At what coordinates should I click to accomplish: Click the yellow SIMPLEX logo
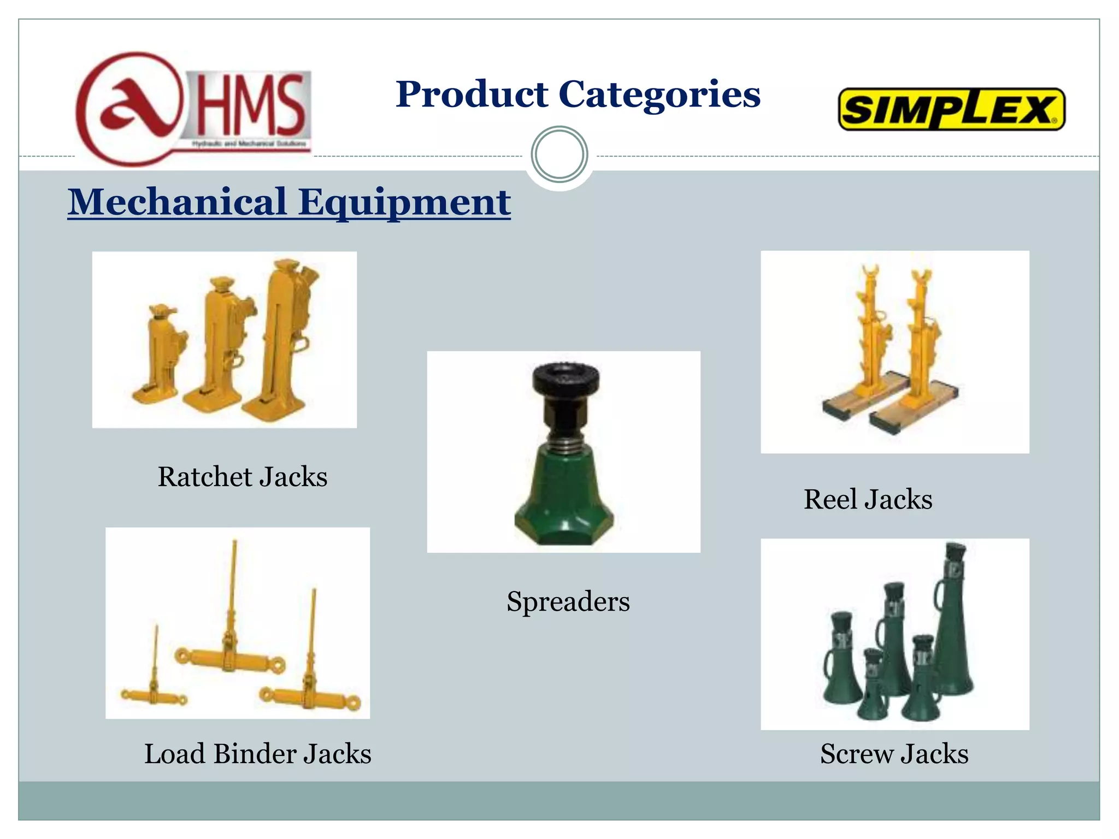(x=951, y=109)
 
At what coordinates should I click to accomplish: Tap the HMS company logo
(x=194, y=109)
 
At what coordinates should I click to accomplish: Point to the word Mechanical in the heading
(x=178, y=202)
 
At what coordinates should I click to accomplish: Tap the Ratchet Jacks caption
(x=243, y=476)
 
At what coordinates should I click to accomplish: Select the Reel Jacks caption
(x=868, y=499)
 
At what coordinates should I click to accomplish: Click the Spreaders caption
(x=568, y=601)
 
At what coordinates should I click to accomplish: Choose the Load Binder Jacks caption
(x=257, y=754)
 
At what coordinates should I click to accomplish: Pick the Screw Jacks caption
(x=894, y=754)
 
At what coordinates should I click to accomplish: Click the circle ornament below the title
(x=559, y=155)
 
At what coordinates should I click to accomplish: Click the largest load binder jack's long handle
(x=233, y=584)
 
